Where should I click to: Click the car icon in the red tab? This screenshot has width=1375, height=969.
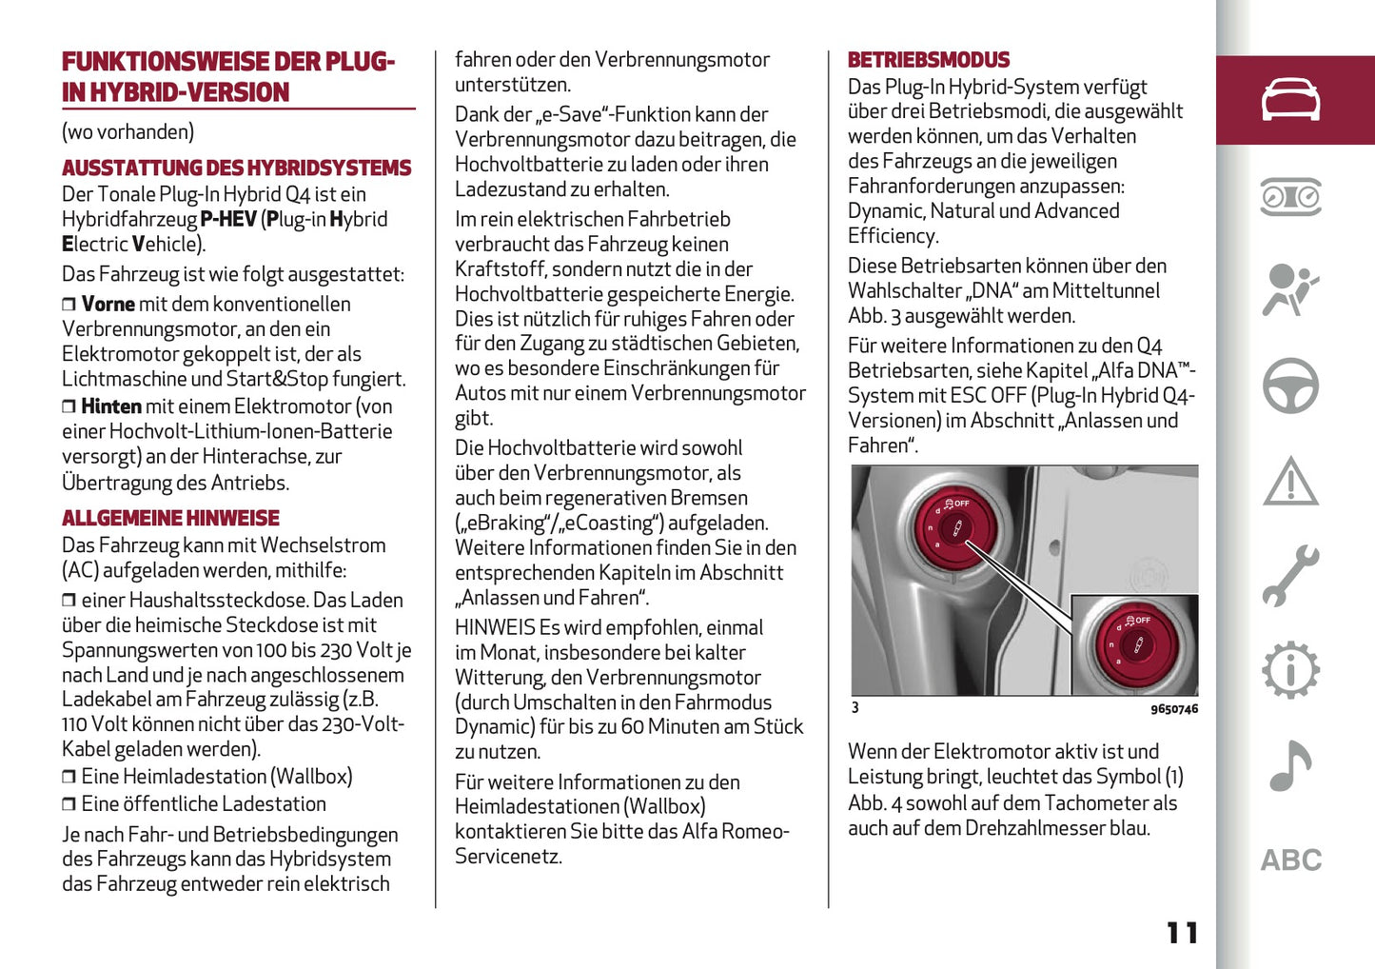(x=1290, y=100)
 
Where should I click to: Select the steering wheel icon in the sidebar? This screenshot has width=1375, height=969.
(x=1290, y=386)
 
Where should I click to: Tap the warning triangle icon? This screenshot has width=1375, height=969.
(x=1290, y=482)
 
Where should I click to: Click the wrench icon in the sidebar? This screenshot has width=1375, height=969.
(x=1290, y=576)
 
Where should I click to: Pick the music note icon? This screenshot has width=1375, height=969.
(x=1290, y=765)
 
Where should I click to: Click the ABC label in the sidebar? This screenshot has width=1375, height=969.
(x=1290, y=860)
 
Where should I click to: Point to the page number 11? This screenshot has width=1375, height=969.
(x=1182, y=933)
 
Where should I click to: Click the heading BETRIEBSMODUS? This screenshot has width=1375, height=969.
(x=928, y=60)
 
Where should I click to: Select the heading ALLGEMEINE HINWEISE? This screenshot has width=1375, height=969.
(x=170, y=519)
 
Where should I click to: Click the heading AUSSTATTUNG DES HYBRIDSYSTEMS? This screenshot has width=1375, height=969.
(x=236, y=168)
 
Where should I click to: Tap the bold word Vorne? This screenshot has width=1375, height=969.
(x=108, y=305)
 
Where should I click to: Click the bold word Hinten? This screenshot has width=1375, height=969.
(x=111, y=406)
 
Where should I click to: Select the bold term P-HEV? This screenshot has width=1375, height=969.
(x=228, y=220)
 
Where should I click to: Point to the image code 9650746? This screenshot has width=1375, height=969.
(x=1173, y=709)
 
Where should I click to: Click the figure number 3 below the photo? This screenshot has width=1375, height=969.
(x=854, y=708)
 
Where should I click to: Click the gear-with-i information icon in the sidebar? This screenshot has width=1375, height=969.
(x=1290, y=670)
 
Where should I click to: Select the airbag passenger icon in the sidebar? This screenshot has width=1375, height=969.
(x=1290, y=290)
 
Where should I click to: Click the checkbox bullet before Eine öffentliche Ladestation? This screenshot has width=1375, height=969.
(x=69, y=805)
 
